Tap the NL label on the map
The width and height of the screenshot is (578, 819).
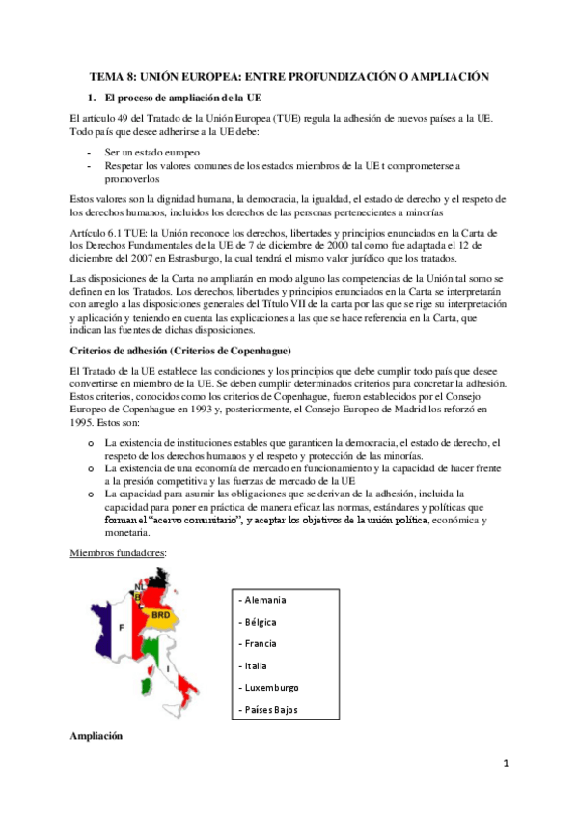(x=140, y=585)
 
